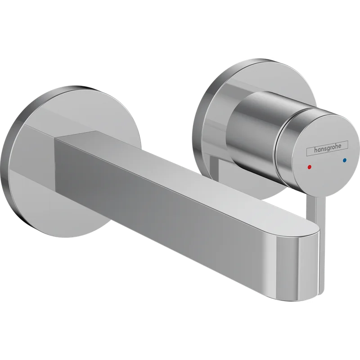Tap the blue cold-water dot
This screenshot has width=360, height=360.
344,160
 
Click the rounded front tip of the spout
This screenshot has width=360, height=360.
298,264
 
